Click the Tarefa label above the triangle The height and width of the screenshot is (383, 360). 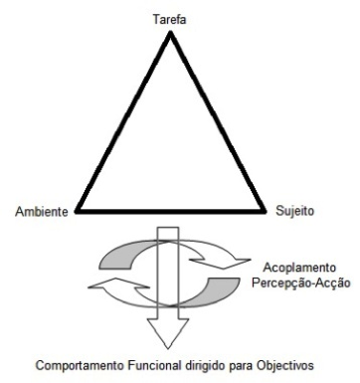coord(169,19)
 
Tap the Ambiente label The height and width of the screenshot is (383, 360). coord(42,212)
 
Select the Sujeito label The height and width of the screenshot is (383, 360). coord(294,211)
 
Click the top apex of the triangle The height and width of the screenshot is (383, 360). coord(170,33)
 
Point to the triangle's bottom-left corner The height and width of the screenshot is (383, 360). coord(77,211)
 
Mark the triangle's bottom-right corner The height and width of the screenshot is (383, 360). coord(265,211)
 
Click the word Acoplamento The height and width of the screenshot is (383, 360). coord(299,268)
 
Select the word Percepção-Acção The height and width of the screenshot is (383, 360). coord(301,284)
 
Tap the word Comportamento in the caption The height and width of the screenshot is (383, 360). coord(80,366)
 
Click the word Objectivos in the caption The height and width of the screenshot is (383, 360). coord(284,365)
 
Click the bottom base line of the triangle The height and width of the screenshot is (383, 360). coord(171,211)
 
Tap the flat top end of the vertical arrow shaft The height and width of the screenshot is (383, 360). coord(168,228)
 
